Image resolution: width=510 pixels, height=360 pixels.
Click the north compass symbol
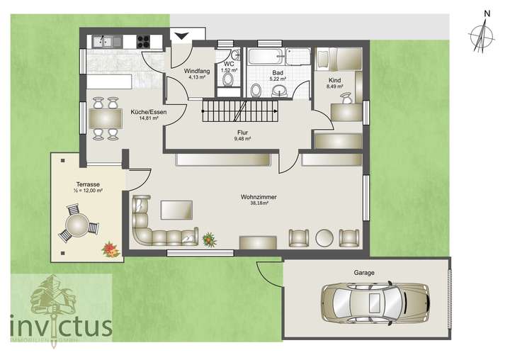tap(484, 33)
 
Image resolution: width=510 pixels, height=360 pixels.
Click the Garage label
tap(364, 272)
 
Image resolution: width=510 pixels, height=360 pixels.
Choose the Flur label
tap(243, 133)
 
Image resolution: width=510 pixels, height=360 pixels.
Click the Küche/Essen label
tap(145, 113)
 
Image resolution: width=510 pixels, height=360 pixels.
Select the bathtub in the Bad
tap(265, 56)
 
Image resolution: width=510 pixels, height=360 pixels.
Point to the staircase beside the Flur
tap(238, 111)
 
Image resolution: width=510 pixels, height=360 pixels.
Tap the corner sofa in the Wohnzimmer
tap(156, 227)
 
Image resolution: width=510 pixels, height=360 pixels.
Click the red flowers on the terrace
tap(110, 248)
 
